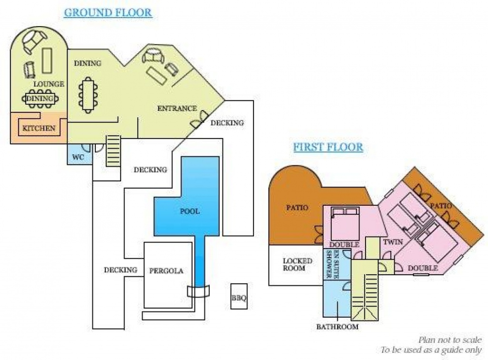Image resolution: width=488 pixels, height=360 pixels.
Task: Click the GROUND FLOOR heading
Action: pyautogui.click(x=108, y=13)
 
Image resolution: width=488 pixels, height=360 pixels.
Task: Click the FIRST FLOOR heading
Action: pyautogui.click(x=328, y=147)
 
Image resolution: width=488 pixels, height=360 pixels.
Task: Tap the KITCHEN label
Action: pyautogui.click(x=39, y=128)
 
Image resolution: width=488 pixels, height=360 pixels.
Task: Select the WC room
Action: pyautogui.click(x=80, y=154)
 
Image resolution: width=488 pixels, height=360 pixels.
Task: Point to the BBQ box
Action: pyautogui.click(x=239, y=296)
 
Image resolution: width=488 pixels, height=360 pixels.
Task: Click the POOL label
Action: pyautogui.click(x=190, y=211)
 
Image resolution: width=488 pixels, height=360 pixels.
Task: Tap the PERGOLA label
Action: pyautogui.click(x=166, y=270)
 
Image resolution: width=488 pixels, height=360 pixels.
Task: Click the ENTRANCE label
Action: pyautogui.click(x=177, y=109)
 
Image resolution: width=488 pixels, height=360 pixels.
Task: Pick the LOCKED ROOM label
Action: pyautogui.click(x=297, y=265)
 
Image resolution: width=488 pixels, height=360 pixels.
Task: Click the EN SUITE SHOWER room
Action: pyautogui.click(x=337, y=264)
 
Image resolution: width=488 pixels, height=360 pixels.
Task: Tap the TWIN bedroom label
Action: pyautogui.click(x=393, y=242)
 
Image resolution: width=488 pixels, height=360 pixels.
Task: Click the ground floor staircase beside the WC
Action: pyautogui.click(x=113, y=151)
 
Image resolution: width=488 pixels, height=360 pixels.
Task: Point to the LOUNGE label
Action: pyautogui.click(x=49, y=84)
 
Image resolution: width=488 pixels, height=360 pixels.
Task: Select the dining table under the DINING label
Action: pyautogui.click(x=88, y=95)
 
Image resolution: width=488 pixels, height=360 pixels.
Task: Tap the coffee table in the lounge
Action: pyautogui.click(x=47, y=60)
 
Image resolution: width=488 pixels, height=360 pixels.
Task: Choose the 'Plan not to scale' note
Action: pyautogui.click(x=450, y=340)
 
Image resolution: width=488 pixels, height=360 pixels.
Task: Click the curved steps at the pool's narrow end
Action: pyautogui.click(x=198, y=291)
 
